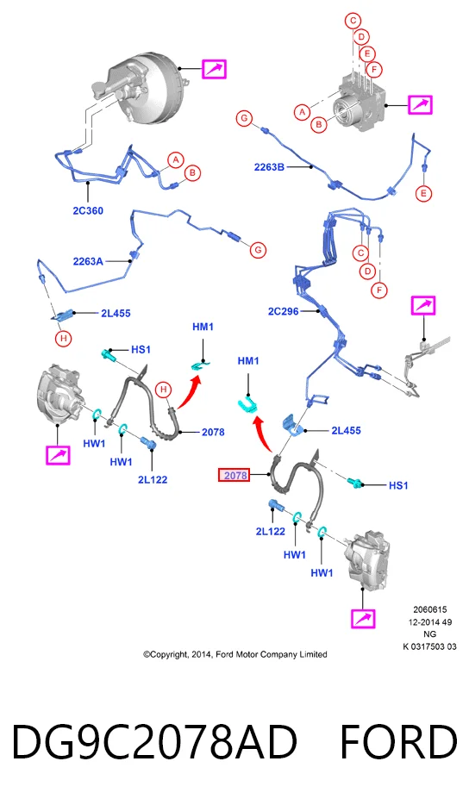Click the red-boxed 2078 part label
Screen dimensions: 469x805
click(x=235, y=476)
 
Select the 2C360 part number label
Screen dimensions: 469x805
click(x=88, y=210)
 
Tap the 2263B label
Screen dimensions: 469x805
click(x=269, y=167)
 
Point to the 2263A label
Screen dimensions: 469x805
click(x=88, y=261)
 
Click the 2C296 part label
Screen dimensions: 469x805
click(x=283, y=311)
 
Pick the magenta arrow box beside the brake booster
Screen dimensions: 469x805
click(x=214, y=69)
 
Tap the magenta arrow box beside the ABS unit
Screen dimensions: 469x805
click(x=420, y=105)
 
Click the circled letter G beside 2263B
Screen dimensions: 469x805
click(x=244, y=119)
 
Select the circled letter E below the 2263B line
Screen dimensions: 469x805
click(x=423, y=194)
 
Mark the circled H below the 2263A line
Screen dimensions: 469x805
click(x=64, y=339)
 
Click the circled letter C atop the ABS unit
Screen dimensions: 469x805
click(x=353, y=21)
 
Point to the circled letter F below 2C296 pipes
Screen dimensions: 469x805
click(x=379, y=290)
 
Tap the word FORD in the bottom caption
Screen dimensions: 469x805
click(x=398, y=741)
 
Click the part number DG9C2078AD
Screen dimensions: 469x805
click(x=154, y=741)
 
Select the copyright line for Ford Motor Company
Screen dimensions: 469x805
click(x=235, y=654)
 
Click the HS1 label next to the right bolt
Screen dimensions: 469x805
click(x=398, y=485)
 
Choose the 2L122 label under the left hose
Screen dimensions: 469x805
click(x=153, y=479)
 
